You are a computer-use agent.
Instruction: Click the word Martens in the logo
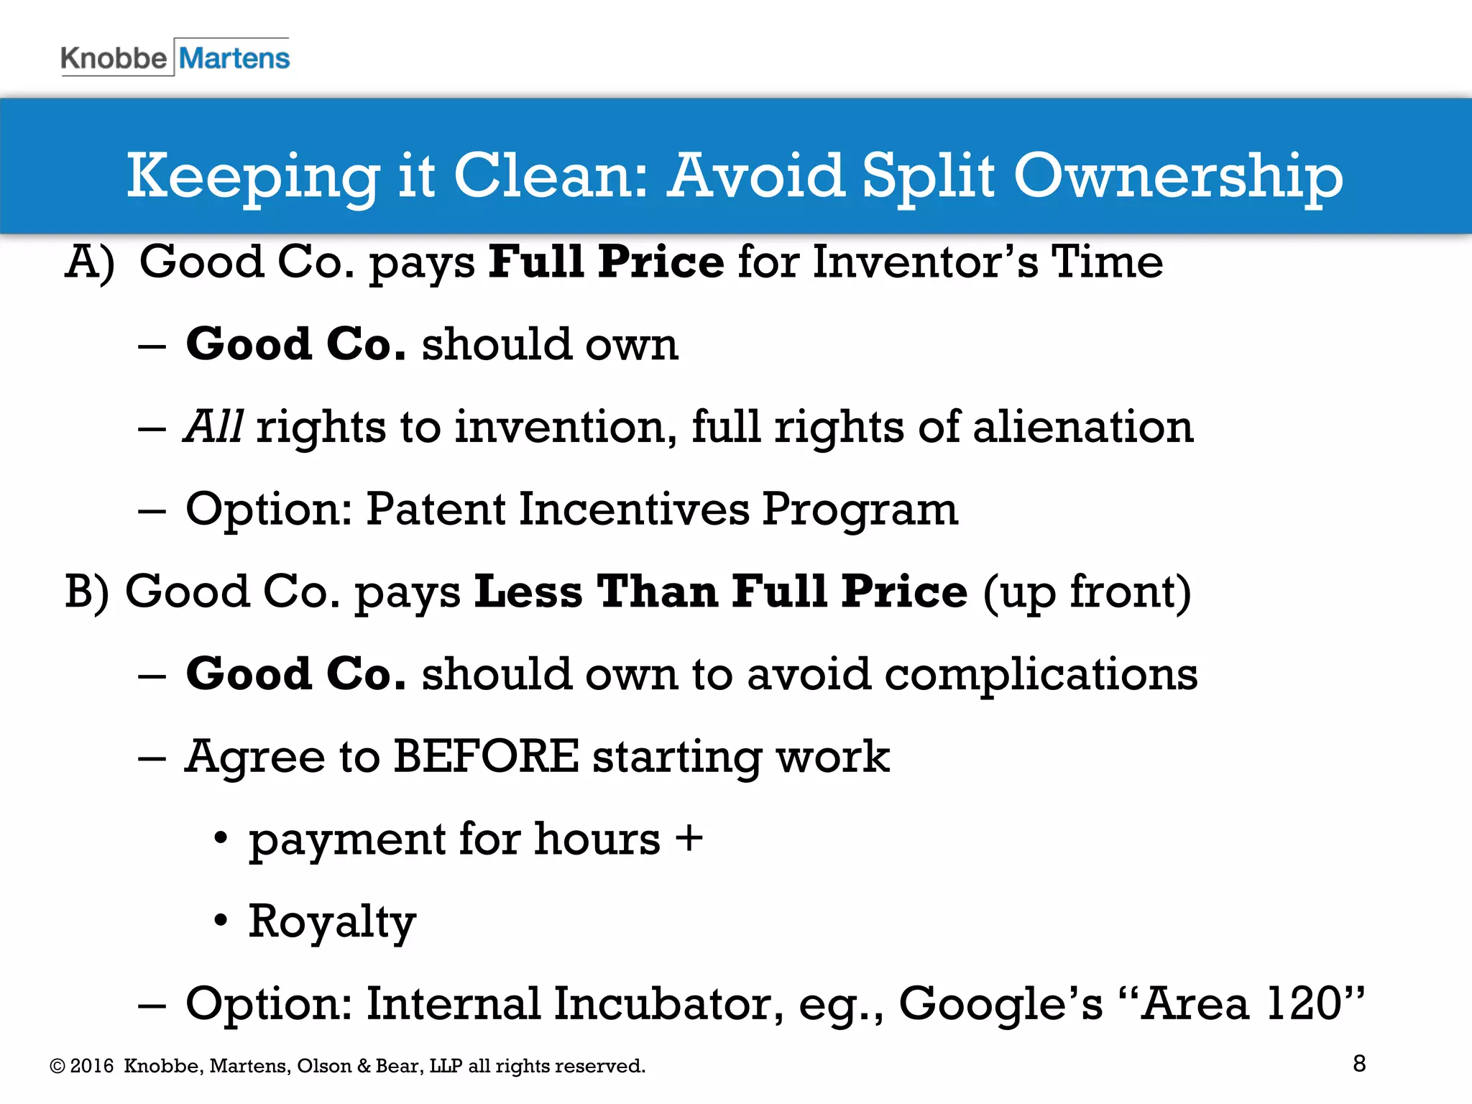point(234,58)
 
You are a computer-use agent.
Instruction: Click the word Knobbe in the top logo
point(114,58)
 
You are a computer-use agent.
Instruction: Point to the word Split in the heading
point(928,177)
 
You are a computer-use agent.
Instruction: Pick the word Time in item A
point(1107,262)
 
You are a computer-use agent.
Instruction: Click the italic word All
point(213,427)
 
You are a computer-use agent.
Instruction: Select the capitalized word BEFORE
point(486,757)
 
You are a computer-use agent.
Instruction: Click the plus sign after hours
point(689,839)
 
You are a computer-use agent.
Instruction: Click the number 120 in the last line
point(1302,1004)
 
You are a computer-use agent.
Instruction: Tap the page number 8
point(1359,1064)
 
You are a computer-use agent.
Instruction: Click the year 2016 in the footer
point(92,1066)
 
